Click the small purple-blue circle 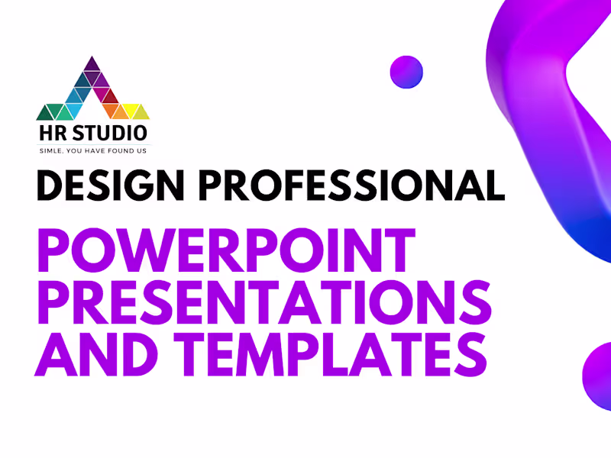406,71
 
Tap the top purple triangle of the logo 92,64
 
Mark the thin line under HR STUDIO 93,144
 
